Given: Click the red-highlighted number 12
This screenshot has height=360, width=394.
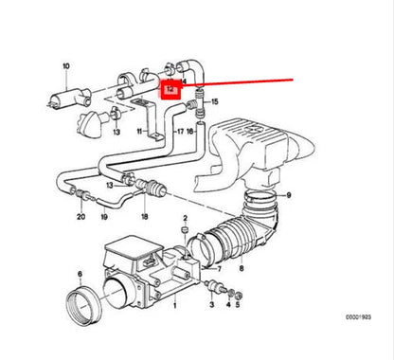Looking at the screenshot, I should (170, 91).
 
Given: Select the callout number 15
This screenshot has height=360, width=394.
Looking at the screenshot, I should (215, 100).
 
